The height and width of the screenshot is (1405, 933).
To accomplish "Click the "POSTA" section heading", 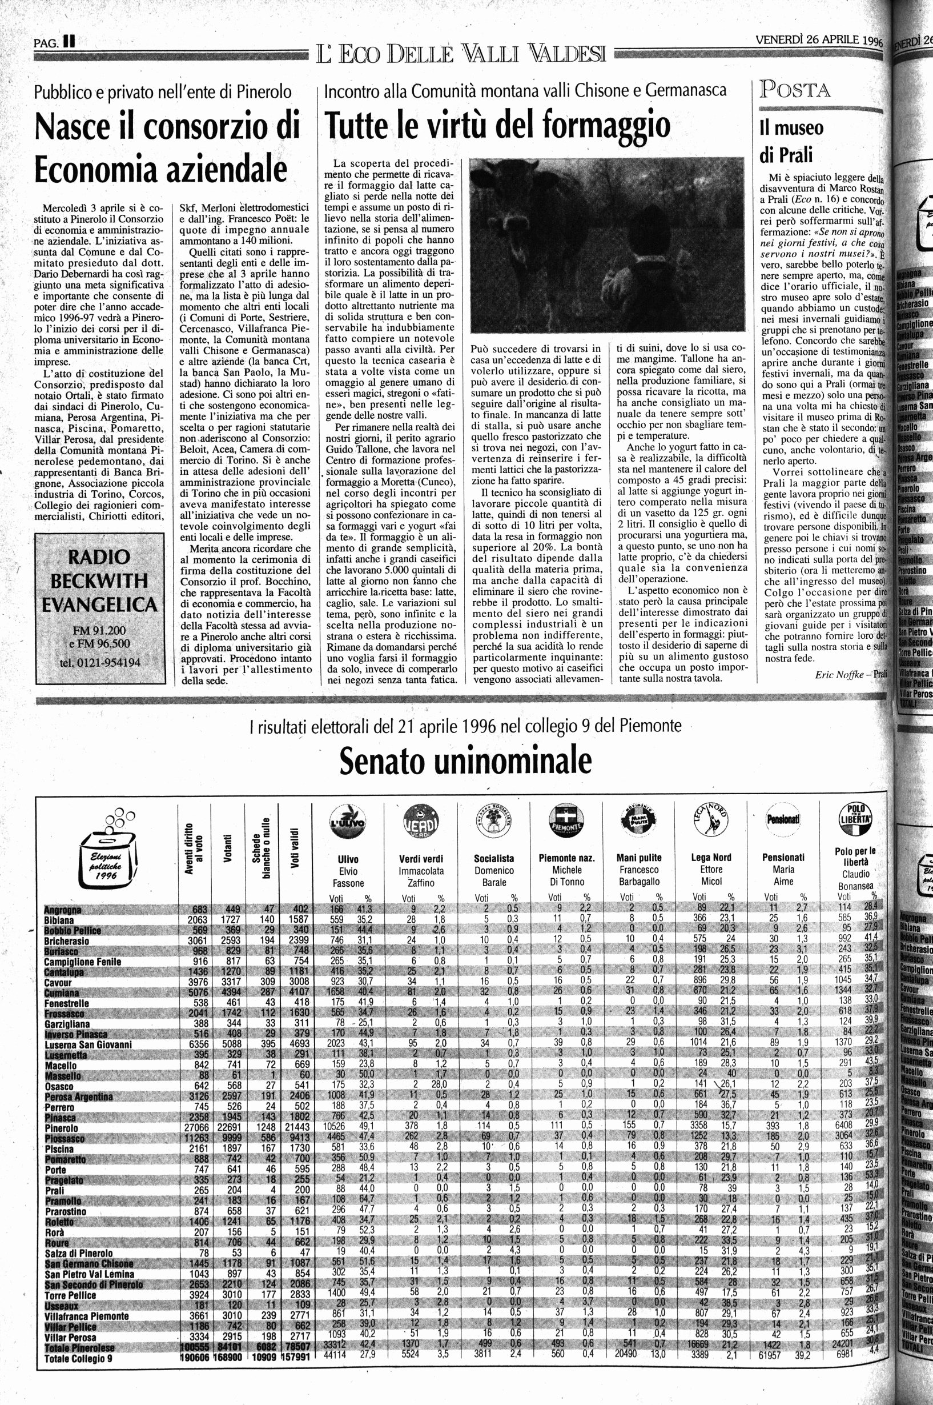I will pos(795,90).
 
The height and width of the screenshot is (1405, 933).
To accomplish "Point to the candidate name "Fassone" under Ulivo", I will pos(348,883).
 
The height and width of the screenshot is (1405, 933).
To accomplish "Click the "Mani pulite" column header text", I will pos(638,858).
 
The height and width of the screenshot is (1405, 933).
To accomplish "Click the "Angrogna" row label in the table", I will pos(62,910).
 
